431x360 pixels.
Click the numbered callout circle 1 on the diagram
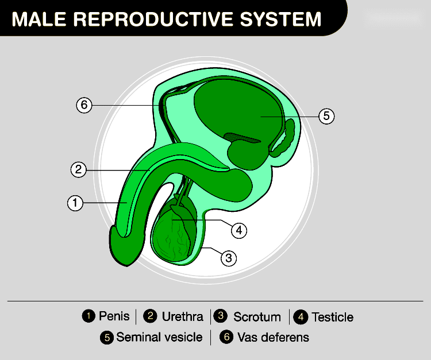[x=75, y=203]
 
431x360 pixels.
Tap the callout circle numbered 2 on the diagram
[x=79, y=169]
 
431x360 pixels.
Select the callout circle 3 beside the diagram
[x=229, y=258]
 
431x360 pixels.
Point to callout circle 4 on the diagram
[x=239, y=230]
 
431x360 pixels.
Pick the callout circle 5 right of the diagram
[x=326, y=116]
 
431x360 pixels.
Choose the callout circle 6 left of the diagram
[x=84, y=105]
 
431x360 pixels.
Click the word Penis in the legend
[x=114, y=316]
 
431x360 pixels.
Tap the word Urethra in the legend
[x=182, y=316]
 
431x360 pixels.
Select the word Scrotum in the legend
[x=257, y=317]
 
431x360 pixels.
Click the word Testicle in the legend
[x=332, y=317]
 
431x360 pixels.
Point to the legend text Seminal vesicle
[x=159, y=337]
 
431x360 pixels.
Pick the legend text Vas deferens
[x=273, y=337]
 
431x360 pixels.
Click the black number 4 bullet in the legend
[x=301, y=317]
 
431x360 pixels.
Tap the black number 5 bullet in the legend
[x=106, y=338]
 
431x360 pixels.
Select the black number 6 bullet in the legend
[x=226, y=338]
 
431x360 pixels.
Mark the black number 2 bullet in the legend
[x=151, y=316]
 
